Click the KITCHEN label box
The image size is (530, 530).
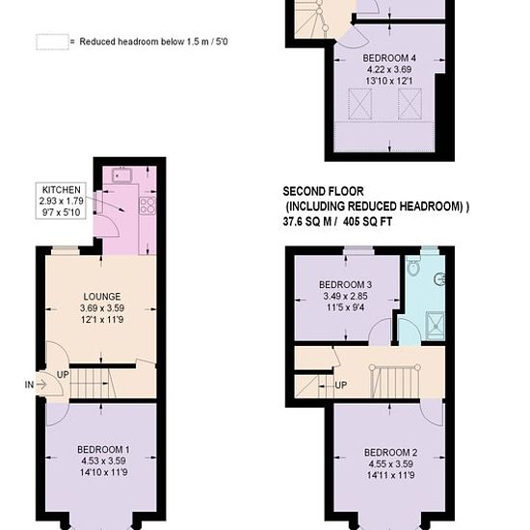[x=61, y=200]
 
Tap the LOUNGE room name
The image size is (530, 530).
[x=102, y=297]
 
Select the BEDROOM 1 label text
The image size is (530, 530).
[x=103, y=450]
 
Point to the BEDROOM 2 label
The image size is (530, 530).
[x=390, y=452]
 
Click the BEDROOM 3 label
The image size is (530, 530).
[x=345, y=284]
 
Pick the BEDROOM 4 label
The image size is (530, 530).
[x=389, y=58]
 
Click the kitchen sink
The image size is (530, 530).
[x=120, y=175]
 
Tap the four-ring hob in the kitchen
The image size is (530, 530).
[x=147, y=205]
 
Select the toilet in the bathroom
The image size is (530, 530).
[x=412, y=266]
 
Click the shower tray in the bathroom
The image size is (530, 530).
[x=436, y=326]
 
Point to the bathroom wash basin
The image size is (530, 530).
[x=439, y=279]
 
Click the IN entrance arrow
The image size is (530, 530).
[x=40, y=384]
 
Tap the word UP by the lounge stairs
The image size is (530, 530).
[x=63, y=375]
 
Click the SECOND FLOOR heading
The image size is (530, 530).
[x=323, y=192]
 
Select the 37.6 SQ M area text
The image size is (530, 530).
[x=307, y=222]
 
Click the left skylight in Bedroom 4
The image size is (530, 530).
[x=360, y=104]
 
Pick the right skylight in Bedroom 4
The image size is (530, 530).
[x=410, y=104]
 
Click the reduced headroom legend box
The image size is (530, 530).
[x=52, y=41]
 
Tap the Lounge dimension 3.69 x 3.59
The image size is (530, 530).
[x=102, y=308]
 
